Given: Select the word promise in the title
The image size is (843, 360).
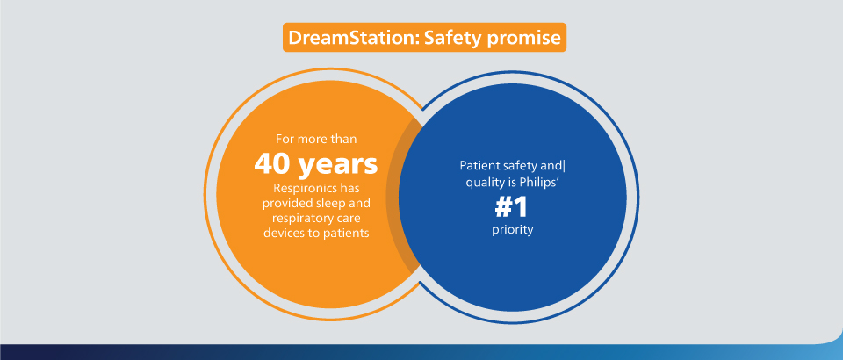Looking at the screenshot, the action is pyautogui.click(x=524, y=39).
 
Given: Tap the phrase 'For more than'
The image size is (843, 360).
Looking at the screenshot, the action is pyautogui.click(x=316, y=139).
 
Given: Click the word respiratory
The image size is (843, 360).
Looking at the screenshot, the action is pyautogui.click(x=303, y=219).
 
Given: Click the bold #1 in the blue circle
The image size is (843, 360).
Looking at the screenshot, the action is pyautogui.click(x=511, y=208).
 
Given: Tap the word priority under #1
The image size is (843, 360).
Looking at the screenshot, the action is pyautogui.click(x=512, y=231).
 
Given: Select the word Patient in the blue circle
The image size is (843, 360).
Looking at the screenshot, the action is pyautogui.click(x=478, y=165).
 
